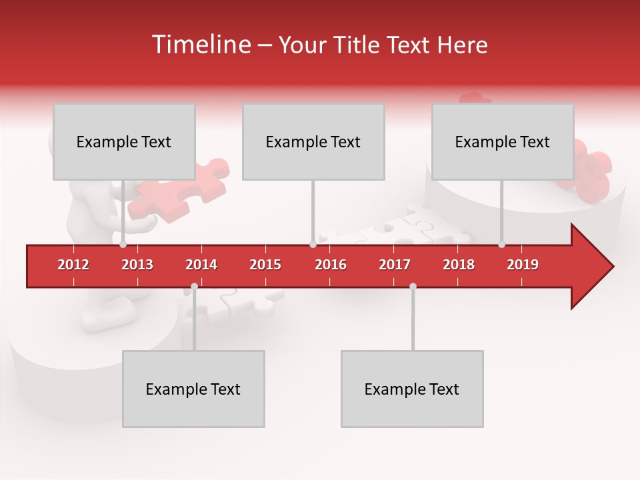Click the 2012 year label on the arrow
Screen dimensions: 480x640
[73, 265]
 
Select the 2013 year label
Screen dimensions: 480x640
[137, 265]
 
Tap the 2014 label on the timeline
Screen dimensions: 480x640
[201, 265]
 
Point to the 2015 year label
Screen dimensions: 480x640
[265, 265]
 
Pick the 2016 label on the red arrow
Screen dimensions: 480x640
[331, 265]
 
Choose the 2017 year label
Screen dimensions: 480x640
[395, 265]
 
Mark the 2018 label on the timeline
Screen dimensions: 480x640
[459, 265]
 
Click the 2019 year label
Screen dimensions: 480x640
[523, 265]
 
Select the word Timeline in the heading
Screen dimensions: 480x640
[200, 45]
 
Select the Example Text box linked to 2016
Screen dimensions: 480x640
[313, 142]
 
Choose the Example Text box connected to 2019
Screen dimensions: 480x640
[503, 142]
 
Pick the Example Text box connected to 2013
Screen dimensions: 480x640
[124, 142]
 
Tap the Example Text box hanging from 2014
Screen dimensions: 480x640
[193, 389]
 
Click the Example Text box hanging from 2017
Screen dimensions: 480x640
[412, 389]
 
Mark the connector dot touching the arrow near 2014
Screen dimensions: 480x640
[194, 287]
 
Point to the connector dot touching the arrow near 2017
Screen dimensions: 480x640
[413, 287]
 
